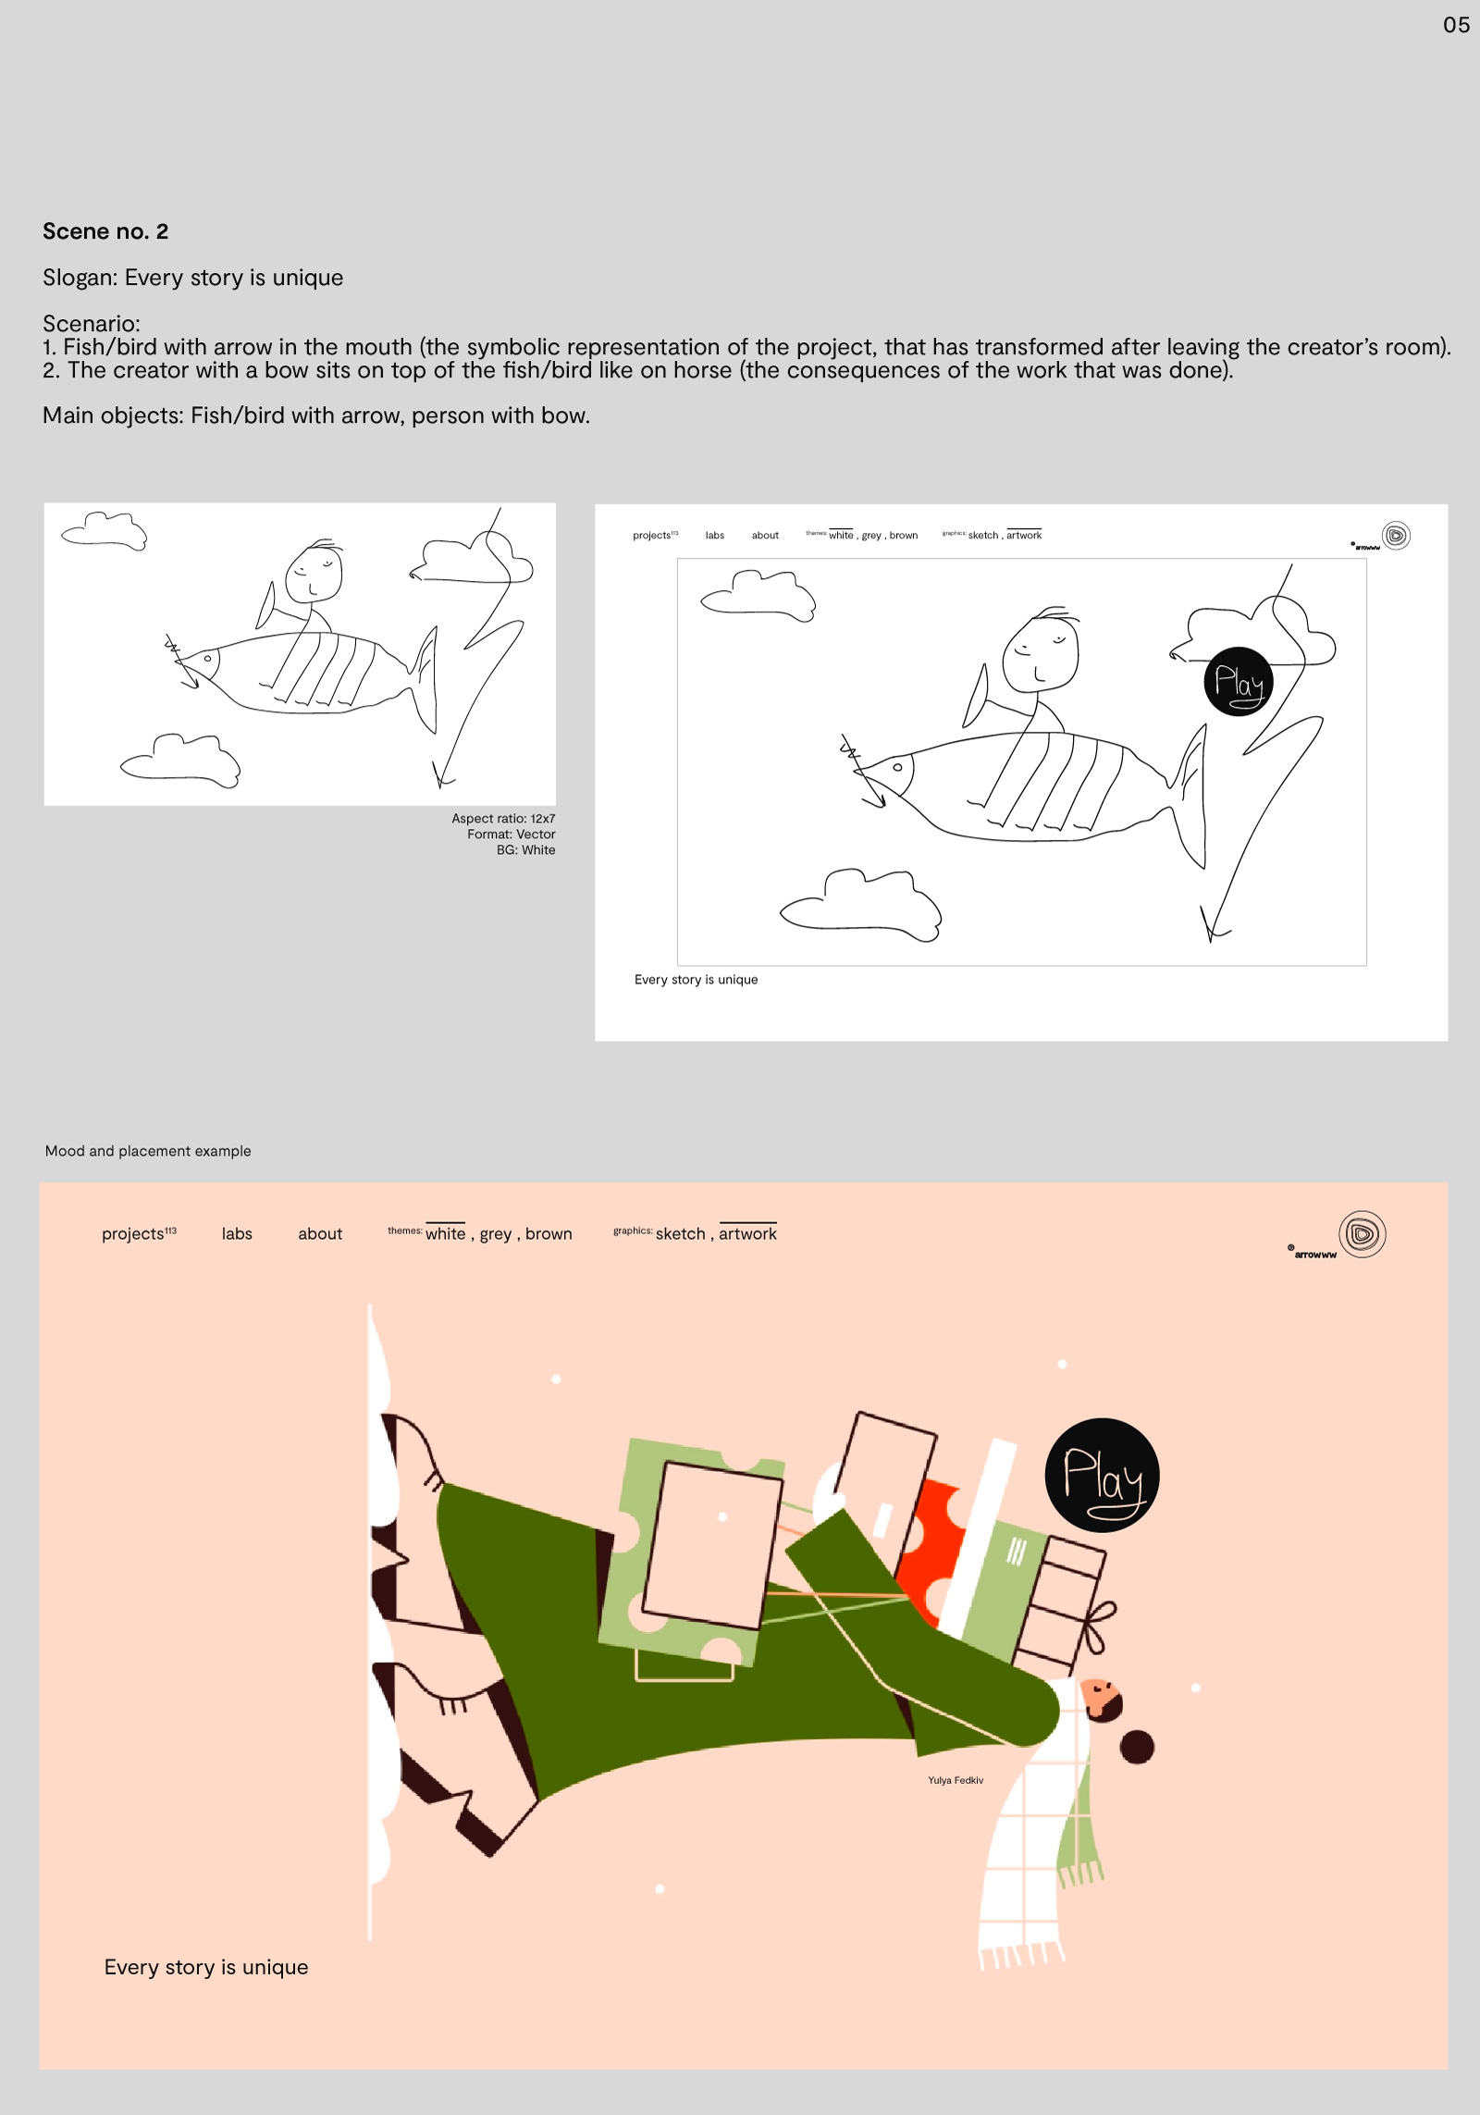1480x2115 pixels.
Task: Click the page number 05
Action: point(1456,25)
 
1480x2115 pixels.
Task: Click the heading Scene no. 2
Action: point(105,231)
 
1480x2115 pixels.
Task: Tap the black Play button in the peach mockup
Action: point(1102,1475)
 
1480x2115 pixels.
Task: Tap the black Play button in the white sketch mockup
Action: point(1239,682)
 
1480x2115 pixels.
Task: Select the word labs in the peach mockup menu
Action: point(237,1233)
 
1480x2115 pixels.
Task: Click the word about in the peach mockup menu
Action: point(320,1233)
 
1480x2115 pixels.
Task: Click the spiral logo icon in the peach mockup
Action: point(1362,1233)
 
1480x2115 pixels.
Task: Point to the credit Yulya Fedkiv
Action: point(956,1780)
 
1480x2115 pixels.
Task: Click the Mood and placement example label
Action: point(148,1151)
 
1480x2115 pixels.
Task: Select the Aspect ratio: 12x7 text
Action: point(503,818)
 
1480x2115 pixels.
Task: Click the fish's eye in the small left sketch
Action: point(208,659)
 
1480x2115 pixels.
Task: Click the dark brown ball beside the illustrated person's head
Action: point(1137,1747)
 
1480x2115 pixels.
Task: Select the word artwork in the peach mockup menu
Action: point(747,1233)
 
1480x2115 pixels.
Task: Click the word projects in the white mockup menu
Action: point(652,535)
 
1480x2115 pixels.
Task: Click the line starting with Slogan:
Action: point(192,278)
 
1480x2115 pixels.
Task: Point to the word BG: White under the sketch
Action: point(525,849)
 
